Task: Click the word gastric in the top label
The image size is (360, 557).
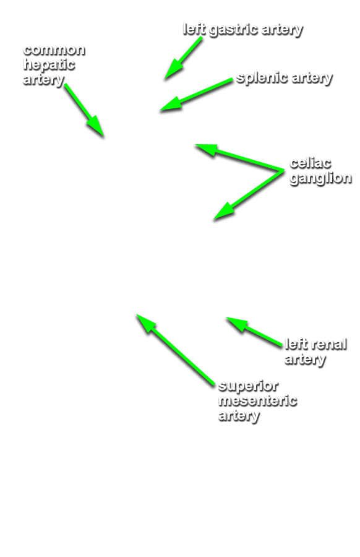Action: (x=233, y=30)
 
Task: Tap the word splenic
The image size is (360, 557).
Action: (x=262, y=78)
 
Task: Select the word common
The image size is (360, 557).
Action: (x=54, y=50)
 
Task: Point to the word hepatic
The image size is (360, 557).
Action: (x=49, y=65)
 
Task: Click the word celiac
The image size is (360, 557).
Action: (x=311, y=163)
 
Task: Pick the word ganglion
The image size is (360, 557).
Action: (x=320, y=178)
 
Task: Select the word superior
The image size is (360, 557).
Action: (x=248, y=386)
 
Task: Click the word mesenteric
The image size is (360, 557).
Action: (x=258, y=400)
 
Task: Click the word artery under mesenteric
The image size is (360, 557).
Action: (x=239, y=416)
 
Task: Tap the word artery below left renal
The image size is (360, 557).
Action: (x=305, y=359)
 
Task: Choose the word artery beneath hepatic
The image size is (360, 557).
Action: (x=44, y=80)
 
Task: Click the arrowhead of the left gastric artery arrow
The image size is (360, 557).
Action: (x=165, y=79)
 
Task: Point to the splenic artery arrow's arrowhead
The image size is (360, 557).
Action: (x=160, y=111)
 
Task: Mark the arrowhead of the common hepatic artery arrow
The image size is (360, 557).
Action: (x=103, y=136)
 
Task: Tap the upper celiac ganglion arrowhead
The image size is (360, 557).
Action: (x=195, y=145)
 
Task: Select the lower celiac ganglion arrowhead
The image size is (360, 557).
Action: (x=214, y=220)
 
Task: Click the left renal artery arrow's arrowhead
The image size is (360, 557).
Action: (x=226, y=317)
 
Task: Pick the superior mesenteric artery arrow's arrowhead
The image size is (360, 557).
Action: (x=136, y=314)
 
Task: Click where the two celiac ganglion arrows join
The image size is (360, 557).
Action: (x=283, y=171)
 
